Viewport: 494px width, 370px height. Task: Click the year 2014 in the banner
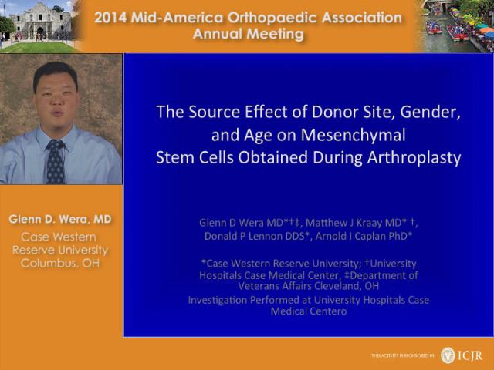coord(110,18)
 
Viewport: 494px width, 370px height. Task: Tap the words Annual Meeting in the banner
coord(249,34)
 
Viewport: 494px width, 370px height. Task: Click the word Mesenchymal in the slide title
coord(354,136)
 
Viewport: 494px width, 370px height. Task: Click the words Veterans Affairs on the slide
coord(275,286)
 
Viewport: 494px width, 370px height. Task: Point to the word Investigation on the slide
coord(217,300)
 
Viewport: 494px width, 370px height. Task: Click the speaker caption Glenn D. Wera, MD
coord(60,219)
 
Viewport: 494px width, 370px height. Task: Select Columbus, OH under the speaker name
coord(60,263)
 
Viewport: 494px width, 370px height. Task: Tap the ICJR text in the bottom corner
coord(469,355)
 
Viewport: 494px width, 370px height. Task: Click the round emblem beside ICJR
coord(448,355)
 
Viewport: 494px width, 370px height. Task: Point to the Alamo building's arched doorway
coord(40,32)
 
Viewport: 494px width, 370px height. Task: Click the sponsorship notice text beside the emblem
coord(403,355)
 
